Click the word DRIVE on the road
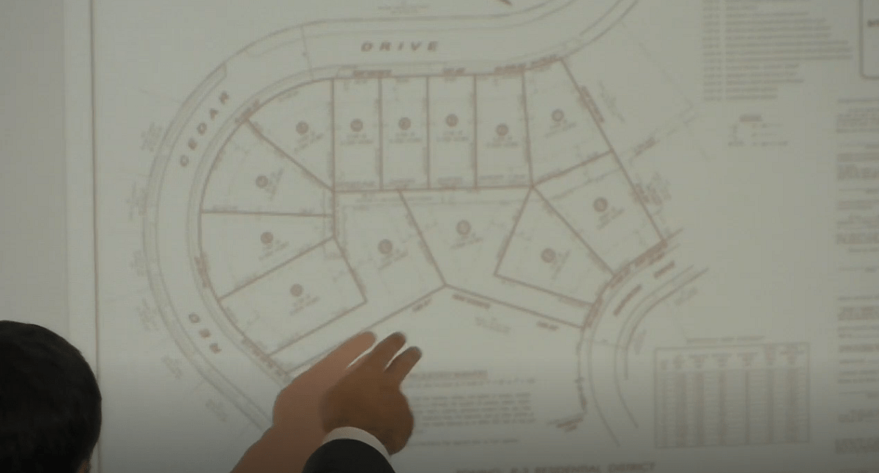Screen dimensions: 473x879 [x=400, y=47]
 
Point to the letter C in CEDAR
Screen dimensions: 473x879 [x=185, y=159]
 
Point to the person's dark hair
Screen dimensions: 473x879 [x=44, y=388]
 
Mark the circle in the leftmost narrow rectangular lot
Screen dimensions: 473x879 [x=357, y=125]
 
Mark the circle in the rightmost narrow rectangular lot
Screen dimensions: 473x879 [x=502, y=130]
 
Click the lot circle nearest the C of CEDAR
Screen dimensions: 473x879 [x=262, y=181]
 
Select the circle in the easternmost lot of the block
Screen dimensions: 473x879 [x=600, y=204]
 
